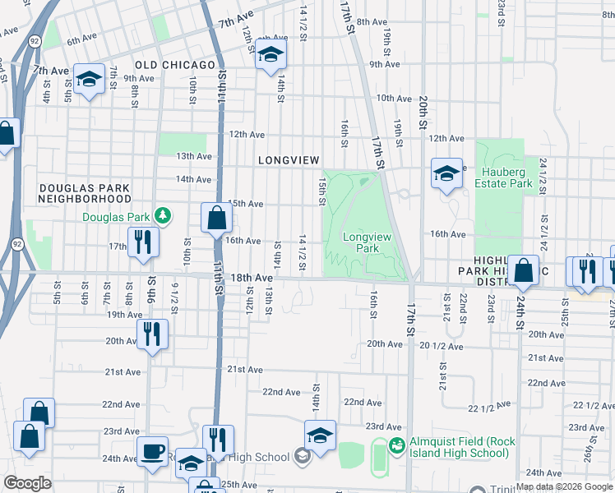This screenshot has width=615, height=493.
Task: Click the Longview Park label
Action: click(368, 242)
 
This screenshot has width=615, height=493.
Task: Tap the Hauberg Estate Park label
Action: click(503, 177)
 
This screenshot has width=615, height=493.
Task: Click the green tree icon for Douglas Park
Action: click(164, 216)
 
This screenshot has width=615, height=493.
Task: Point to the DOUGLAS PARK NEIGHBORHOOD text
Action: click(85, 193)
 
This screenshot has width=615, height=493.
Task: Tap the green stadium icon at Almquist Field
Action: click(396, 445)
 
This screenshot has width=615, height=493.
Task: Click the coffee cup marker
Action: click(152, 451)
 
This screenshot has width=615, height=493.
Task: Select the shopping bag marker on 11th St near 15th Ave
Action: click(216, 218)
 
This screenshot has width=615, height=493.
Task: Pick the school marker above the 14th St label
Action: click(269, 54)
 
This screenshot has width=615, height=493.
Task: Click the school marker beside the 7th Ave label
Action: click(88, 79)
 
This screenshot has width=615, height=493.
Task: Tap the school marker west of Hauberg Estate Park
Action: click(446, 173)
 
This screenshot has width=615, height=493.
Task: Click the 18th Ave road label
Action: click(252, 279)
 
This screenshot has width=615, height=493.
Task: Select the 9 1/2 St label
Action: click(174, 293)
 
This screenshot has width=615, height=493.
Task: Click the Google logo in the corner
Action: click(27, 483)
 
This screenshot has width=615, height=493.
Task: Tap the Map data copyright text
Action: click(565, 486)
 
